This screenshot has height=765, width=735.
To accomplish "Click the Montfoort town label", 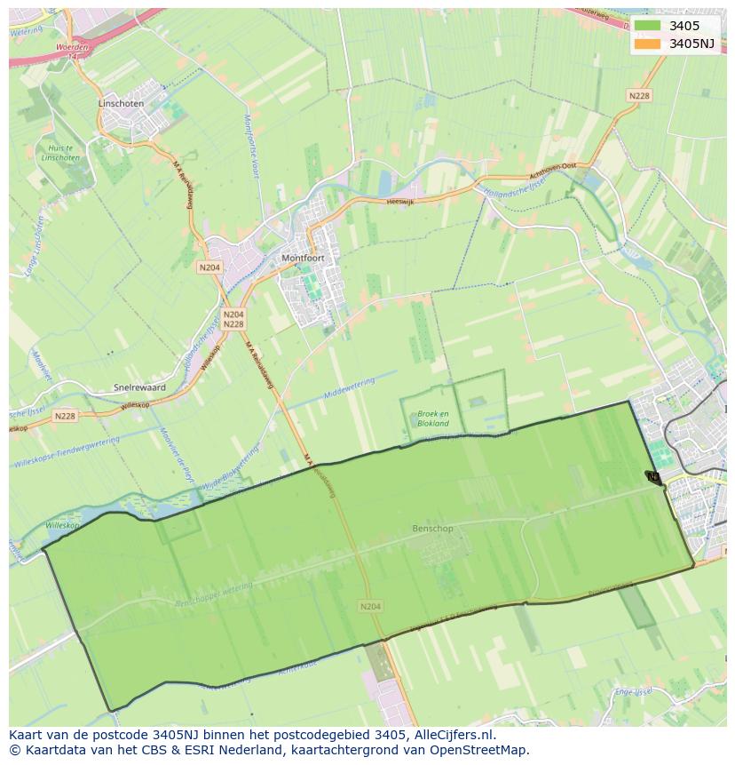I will click(303, 258).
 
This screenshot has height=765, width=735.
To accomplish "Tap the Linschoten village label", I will click(120, 103).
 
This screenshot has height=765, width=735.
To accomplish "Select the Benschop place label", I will click(432, 529).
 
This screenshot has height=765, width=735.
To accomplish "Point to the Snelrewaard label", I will click(139, 387).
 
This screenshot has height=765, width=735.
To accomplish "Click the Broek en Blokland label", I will click(433, 418).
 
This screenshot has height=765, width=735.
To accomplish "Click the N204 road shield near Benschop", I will click(370, 606).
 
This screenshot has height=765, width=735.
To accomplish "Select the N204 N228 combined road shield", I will click(233, 319).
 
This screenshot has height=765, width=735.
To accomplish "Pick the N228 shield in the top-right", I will click(639, 96).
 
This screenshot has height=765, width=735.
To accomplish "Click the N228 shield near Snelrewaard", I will click(65, 416).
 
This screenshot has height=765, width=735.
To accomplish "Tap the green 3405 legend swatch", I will click(647, 26).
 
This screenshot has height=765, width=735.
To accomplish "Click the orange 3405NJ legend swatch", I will click(647, 44).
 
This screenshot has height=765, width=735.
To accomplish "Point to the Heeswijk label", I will click(401, 202).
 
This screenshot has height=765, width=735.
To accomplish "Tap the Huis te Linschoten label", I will click(61, 153).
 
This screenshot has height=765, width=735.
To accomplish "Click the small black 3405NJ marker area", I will click(653, 477).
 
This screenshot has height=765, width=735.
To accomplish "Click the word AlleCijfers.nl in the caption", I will click(454, 735).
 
